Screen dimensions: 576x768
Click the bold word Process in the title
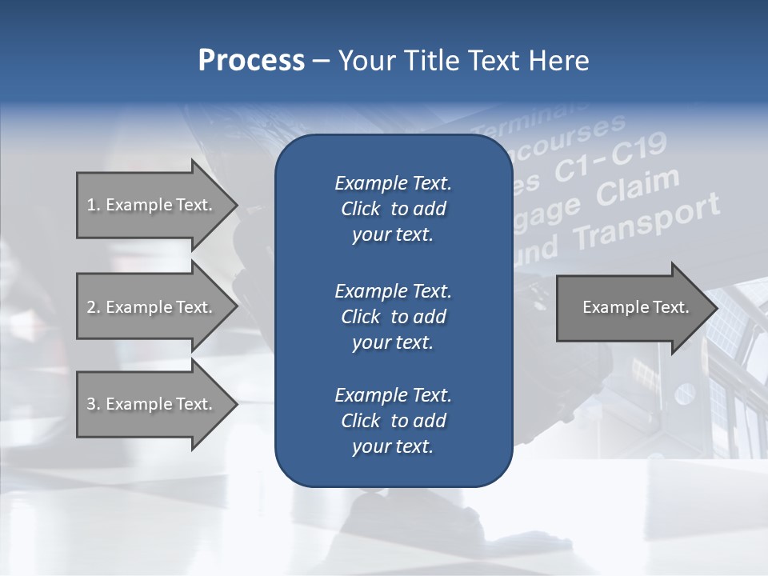[x=251, y=61]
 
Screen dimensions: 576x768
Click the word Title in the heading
[x=430, y=61]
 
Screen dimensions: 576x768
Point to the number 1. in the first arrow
[x=94, y=205]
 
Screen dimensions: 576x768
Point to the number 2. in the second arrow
[x=94, y=307]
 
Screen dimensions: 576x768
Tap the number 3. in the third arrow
[x=94, y=404]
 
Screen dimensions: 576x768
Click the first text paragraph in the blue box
[x=393, y=209]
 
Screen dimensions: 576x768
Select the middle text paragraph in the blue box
[x=393, y=316]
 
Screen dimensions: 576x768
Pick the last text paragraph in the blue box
[x=393, y=420]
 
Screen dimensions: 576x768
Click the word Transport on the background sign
[x=649, y=223]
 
